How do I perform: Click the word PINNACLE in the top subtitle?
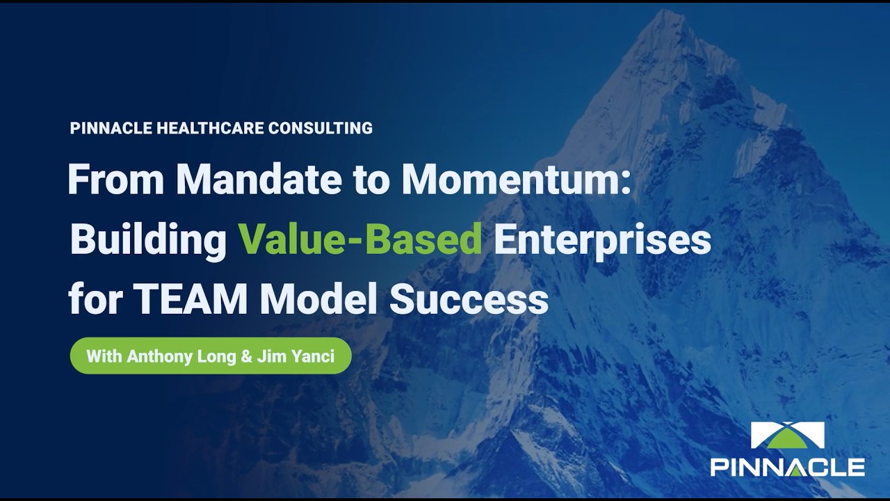pos(112,128)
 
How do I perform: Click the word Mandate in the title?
pos(259,180)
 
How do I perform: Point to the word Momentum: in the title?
pos(517,180)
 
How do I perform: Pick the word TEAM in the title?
pos(191,300)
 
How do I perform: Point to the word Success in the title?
pos(469,300)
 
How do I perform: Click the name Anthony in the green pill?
pos(156,357)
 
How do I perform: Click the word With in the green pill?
pos(104,357)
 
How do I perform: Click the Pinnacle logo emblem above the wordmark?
pos(787,436)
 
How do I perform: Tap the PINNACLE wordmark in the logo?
pos(787,467)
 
